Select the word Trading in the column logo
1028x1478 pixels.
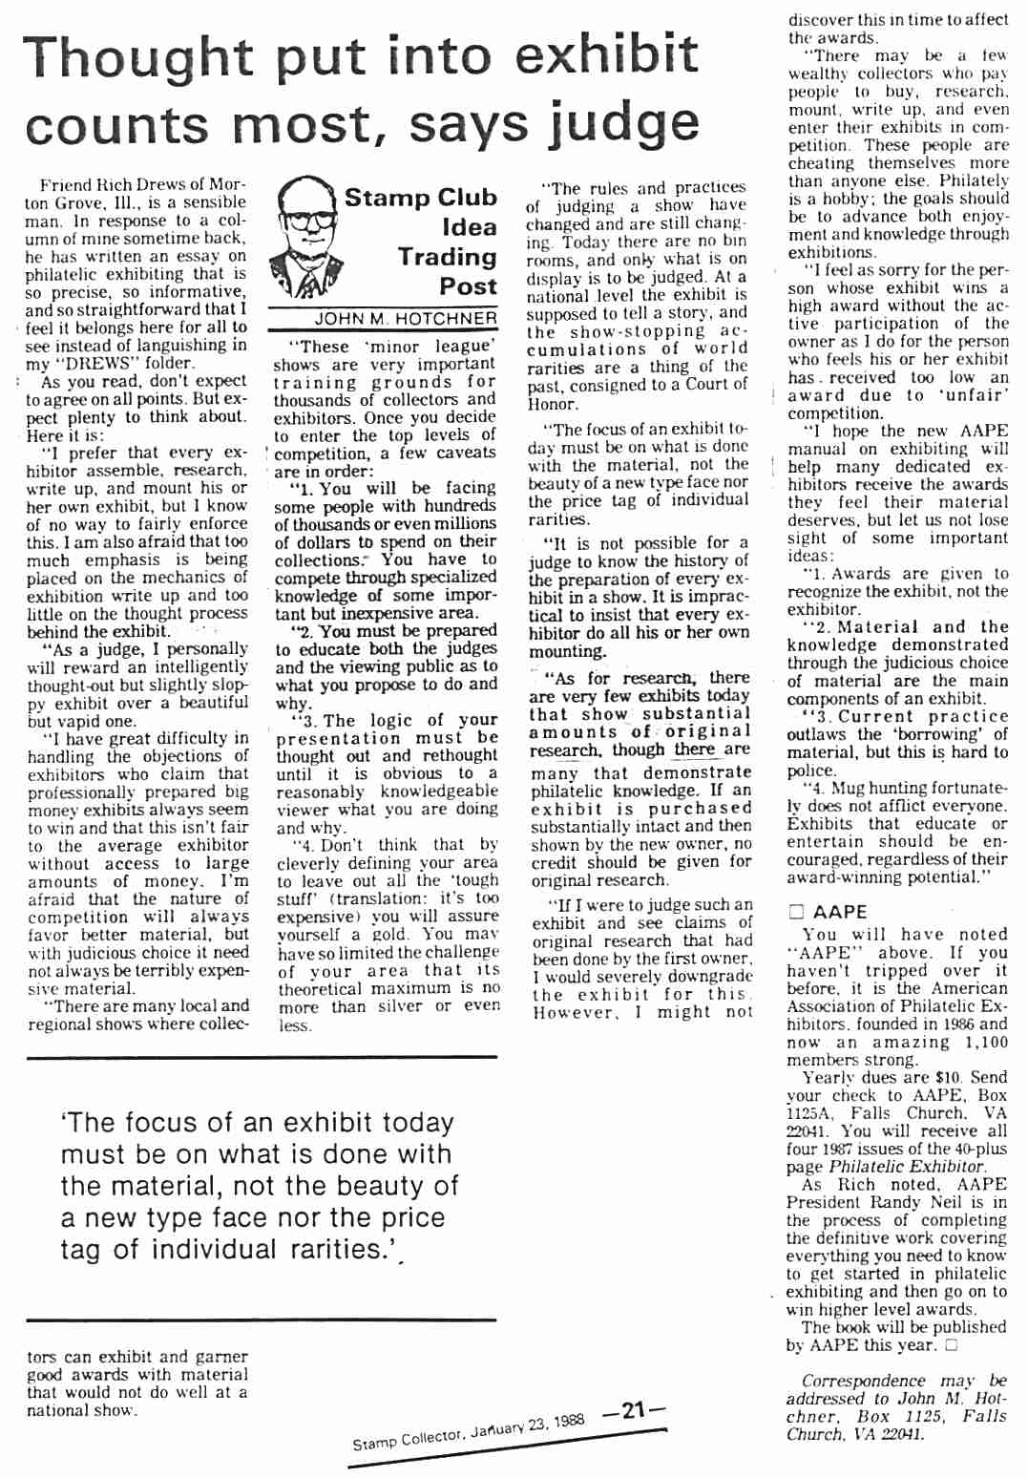click(x=447, y=257)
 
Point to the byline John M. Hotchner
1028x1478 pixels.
click(x=406, y=319)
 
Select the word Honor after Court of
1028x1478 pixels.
click(x=553, y=403)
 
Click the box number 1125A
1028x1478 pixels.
click(x=811, y=1113)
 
